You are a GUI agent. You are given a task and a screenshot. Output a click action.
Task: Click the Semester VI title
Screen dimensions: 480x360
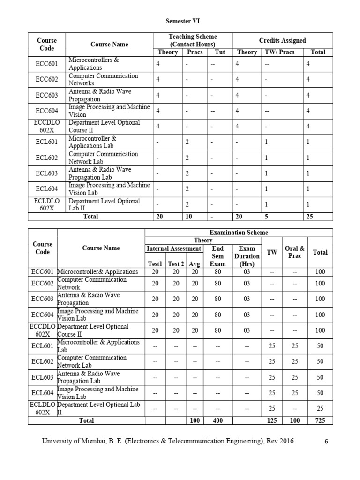point(180,22)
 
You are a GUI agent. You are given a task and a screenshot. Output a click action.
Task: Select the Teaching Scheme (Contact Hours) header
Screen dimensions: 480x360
point(193,40)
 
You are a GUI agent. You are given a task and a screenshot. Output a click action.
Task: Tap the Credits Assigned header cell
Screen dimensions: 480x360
point(282,41)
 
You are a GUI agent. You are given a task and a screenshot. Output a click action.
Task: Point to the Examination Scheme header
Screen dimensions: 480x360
point(239,232)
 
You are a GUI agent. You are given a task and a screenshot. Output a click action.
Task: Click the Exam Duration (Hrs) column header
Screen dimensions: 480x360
point(247,256)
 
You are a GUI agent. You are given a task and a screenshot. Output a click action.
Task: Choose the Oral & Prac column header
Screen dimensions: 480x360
point(295,252)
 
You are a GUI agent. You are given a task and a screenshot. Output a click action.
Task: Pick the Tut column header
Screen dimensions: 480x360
point(219,52)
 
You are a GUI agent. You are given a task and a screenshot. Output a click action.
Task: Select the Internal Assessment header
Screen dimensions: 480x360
point(173,248)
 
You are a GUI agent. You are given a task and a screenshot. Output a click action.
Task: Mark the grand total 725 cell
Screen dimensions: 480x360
point(320,420)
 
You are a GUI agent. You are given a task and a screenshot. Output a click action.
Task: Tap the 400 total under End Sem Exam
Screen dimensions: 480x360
point(217,420)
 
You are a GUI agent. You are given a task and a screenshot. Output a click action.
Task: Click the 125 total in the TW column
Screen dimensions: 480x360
point(272,420)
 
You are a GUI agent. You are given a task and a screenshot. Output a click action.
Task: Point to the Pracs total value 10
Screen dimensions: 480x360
point(187,216)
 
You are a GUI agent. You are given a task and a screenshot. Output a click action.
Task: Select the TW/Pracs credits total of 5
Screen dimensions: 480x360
point(266,216)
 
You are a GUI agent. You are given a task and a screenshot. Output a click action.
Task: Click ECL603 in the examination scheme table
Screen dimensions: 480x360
point(42,377)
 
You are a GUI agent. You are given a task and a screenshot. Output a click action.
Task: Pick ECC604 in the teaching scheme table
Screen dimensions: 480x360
point(46,111)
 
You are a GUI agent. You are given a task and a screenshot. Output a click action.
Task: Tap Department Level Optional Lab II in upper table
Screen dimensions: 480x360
point(104,204)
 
